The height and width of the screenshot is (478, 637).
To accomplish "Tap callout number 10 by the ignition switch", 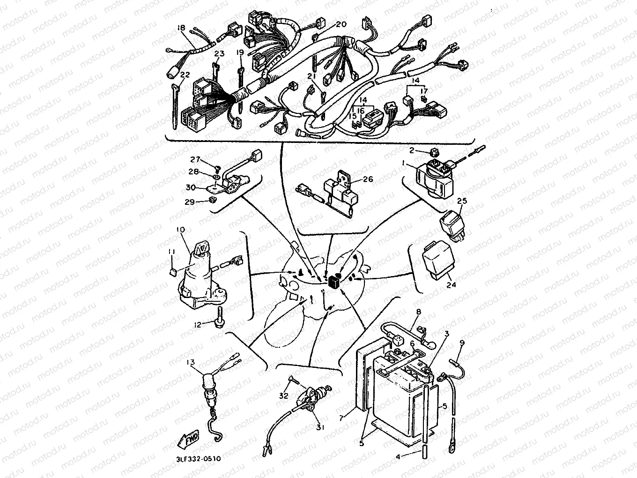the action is pyautogui.click(x=181, y=230).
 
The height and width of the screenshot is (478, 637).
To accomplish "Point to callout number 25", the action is pyautogui.click(x=462, y=201).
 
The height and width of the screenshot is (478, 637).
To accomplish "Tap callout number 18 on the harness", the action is pyautogui.click(x=181, y=28).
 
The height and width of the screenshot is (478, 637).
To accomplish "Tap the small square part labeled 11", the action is pyautogui.click(x=172, y=272).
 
